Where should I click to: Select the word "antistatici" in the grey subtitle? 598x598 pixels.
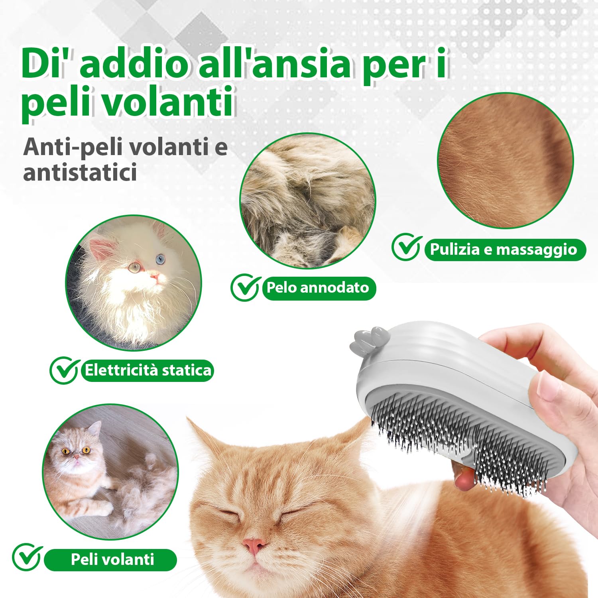click(x=80, y=172)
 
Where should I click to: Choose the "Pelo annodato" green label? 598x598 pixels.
click(x=318, y=288)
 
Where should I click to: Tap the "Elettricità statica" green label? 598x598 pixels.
click(x=148, y=370)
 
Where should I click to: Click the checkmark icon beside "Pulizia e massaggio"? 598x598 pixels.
click(x=407, y=247)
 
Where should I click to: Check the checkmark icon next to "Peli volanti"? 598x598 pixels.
click(x=27, y=557)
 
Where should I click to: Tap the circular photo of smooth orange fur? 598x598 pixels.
click(x=505, y=161)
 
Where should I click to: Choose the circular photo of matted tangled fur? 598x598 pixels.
click(x=307, y=201)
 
